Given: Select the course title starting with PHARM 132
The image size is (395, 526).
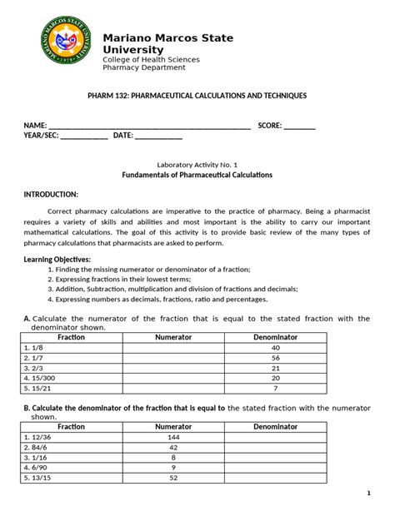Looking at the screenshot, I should tap(197, 97).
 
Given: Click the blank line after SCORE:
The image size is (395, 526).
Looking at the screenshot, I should tap(300, 127).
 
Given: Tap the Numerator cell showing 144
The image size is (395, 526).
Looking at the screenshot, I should tap(173, 436).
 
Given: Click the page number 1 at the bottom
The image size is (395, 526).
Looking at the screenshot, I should tap(368, 494).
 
